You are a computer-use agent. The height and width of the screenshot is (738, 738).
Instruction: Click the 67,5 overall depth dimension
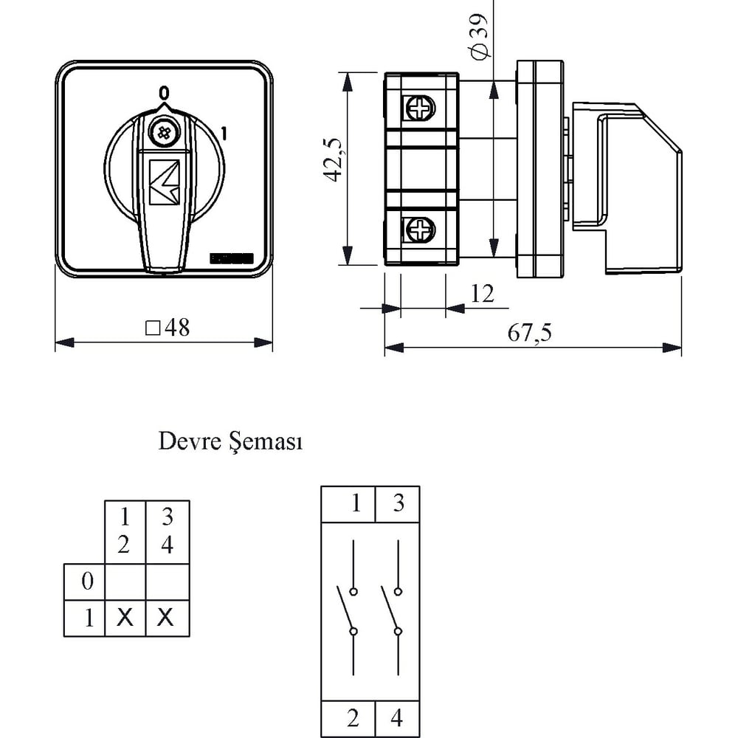coord(529,333)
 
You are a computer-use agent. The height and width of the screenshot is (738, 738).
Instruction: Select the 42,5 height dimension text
coord(333,160)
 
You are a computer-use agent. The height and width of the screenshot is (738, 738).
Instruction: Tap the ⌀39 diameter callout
coord(478,37)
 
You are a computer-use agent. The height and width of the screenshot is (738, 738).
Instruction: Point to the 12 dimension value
coord(483,294)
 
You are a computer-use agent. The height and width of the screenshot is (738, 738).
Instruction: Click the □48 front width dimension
coord(168,327)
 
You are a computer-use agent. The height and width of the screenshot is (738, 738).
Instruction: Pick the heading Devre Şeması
coord(230,442)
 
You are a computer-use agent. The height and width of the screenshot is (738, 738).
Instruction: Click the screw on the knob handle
coord(163,133)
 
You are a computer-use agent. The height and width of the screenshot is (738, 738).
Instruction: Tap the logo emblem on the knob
coord(165,182)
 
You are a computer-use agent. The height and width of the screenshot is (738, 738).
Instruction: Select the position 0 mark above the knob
coord(163,93)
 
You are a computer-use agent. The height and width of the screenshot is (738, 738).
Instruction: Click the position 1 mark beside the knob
coord(224,134)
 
